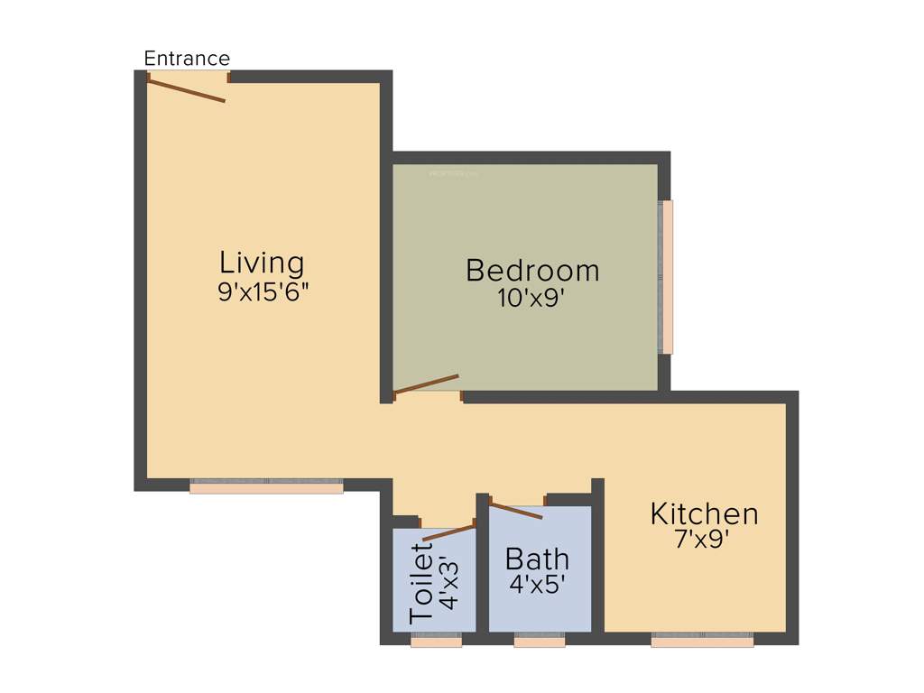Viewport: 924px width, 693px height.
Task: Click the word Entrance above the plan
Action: [187, 59]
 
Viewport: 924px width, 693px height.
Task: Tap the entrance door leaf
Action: [186, 90]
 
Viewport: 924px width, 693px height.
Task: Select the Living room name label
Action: [262, 263]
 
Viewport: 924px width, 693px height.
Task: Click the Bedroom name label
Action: [532, 270]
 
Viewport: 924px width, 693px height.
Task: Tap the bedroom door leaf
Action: [427, 384]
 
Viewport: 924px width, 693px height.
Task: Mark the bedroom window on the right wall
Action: [668, 276]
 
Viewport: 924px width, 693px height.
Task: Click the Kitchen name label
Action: [704, 513]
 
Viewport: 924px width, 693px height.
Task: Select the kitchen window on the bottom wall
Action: [702, 641]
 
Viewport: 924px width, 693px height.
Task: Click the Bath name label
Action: [537, 558]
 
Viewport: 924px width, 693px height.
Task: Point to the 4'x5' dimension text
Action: [537, 585]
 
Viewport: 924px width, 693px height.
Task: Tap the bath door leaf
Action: [515, 510]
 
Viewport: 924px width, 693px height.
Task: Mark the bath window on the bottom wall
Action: [540, 641]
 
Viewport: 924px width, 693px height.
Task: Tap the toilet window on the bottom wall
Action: [436, 641]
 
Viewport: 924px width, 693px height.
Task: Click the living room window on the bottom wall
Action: [266, 486]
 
